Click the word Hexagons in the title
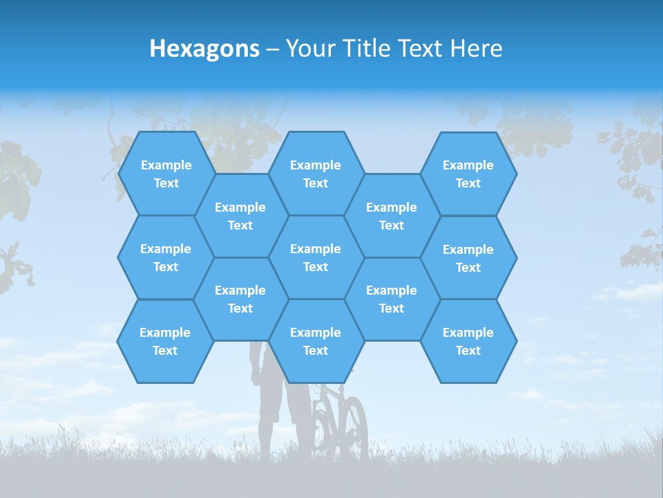pos(204,48)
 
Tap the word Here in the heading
pos(476,48)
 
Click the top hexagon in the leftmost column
pos(166,174)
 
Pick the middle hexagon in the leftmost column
pos(166,257)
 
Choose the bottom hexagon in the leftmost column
pos(165,341)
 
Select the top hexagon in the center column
pos(316,174)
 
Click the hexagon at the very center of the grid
pos(316,257)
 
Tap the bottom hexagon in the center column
pos(316,341)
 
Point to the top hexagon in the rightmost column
pos(468,174)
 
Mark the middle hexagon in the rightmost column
pos(468,258)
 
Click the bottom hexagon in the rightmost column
pos(468,341)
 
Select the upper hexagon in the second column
pos(240,216)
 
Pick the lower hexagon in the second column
pos(240,299)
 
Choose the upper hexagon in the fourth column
pos(392,216)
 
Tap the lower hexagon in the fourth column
pos(392,299)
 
